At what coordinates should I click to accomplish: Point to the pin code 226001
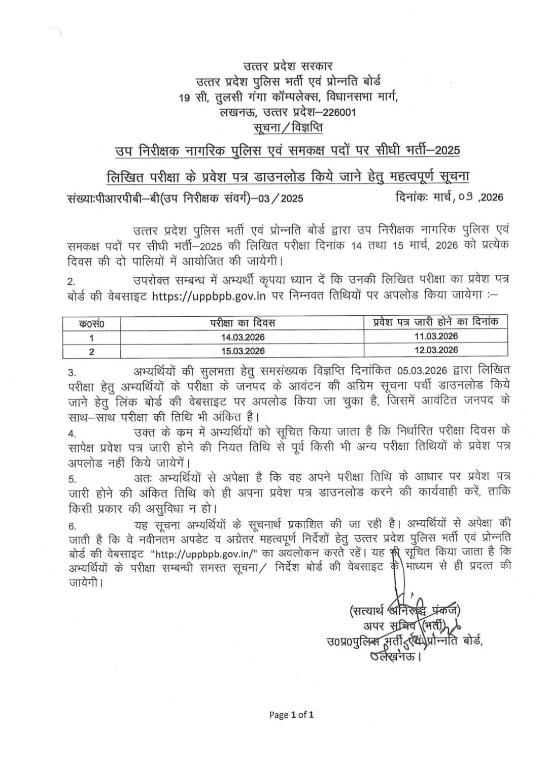(x=336, y=112)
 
